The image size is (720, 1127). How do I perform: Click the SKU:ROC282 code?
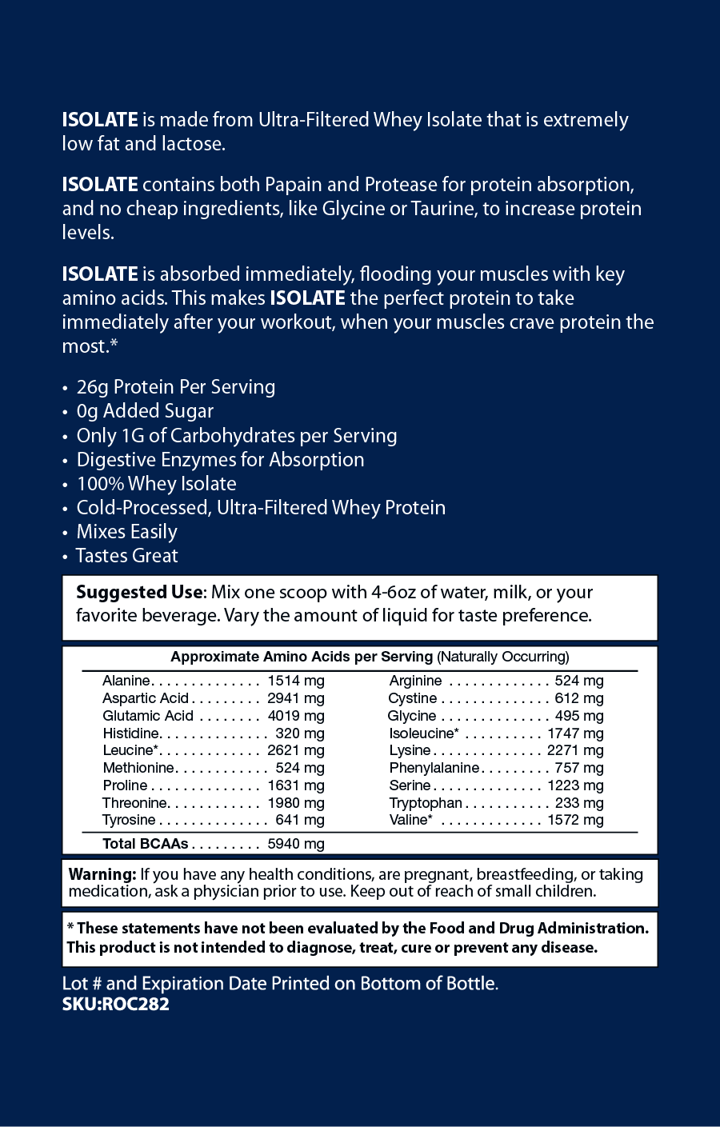click(116, 1004)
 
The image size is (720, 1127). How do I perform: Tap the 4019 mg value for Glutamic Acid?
click(295, 716)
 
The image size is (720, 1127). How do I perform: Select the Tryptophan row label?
click(426, 803)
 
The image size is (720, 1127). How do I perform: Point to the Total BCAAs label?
click(145, 844)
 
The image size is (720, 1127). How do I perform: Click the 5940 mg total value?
click(295, 844)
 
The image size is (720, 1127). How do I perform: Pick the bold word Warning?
click(102, 874)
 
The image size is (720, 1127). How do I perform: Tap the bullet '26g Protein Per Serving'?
click(175, 387)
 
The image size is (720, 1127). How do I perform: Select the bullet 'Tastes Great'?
click(126, 556)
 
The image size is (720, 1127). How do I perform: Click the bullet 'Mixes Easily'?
click(126, 532)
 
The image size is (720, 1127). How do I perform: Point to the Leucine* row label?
click(130, 750)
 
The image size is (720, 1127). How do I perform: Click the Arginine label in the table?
click(415, 681)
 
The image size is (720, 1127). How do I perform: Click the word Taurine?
click(442, 209)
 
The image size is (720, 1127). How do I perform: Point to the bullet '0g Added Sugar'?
click(145, 411)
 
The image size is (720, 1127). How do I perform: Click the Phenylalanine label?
click(434, 768)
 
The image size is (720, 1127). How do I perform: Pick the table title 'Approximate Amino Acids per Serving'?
click(301, 657)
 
